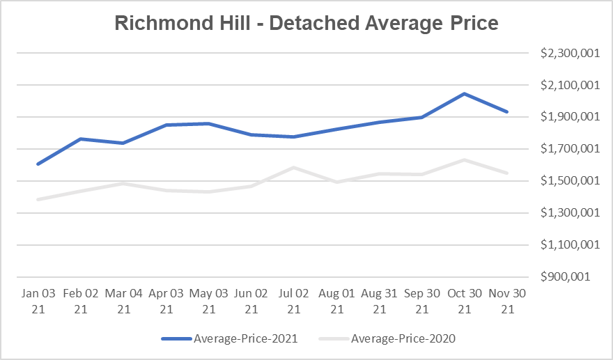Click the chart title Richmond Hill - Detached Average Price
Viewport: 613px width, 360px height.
pyautogui.click(x=306, y=24)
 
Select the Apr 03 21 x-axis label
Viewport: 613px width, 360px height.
pyautogui.click(x=165, y=301)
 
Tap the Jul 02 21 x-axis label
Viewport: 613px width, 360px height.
pyautogui.click(x=293, y=301)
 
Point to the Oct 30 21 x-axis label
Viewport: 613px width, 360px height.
pyautogui.click(x=464, y=301)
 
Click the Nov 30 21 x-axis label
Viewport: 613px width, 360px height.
pyautogui.click(x=506, y=301)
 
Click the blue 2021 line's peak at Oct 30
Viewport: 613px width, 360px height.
pyautogui.click(x=464, y=93)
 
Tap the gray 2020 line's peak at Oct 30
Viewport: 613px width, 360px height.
pyautogui.click(x=464, y=160)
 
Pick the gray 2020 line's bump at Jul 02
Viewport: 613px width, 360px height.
pyautogui.click(x=293, y=168)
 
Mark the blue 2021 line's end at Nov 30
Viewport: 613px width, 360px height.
pyautogui.click(x=506, y=111)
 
